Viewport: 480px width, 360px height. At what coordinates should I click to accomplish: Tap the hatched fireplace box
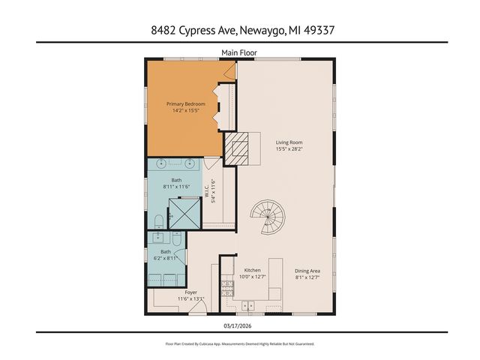coord(239,149)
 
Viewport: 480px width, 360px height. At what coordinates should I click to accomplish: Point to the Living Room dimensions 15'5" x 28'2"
coord(289,148)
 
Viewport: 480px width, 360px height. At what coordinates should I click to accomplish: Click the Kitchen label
coord(252,270)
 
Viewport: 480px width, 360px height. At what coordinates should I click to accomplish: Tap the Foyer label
coord(189,292)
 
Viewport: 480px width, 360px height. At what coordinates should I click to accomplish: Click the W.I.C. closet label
coord(214,190)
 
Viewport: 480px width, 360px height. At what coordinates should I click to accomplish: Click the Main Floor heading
coord(239,52)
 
